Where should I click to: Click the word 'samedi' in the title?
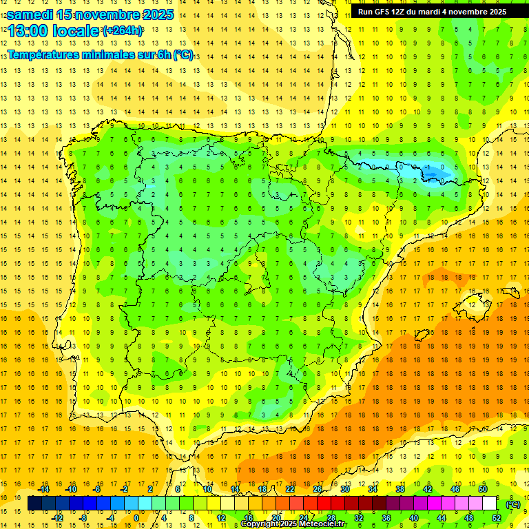point(30,14)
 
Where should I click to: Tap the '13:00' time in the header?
point(28,31)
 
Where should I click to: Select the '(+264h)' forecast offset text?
point(123,30)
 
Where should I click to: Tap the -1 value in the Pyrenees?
point(428,167)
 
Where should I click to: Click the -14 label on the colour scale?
point(43,489)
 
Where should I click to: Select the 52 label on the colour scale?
point(497,518)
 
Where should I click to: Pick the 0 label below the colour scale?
point(136,518)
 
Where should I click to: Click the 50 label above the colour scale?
point(482,489)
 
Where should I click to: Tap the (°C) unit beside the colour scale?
point(513,504)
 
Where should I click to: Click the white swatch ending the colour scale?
point(489,504)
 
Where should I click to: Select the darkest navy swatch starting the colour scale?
point(34,504)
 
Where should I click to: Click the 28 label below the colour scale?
point(331,518)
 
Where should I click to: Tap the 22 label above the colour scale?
point(289,489)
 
